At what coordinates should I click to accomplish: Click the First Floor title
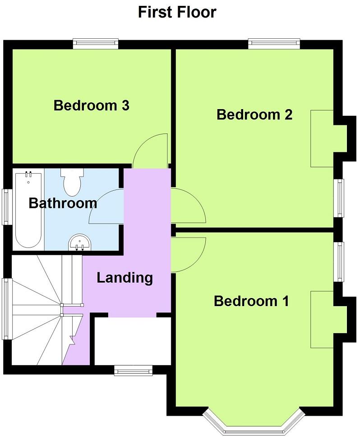[x=177, y=12]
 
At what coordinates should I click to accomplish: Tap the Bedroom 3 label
[x=92, y=105]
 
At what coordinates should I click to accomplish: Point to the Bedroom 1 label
[x=251, y=301]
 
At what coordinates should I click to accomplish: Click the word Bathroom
[x=62, y=203]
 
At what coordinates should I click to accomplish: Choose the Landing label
[x=125, y=277]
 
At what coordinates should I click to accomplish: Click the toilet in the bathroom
[x=72, y=181]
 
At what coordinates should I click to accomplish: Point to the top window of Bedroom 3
[x=96, y=44]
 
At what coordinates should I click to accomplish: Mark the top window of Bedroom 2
[x=274, y=44]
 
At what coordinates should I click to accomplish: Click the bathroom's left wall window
[x=6, y=206]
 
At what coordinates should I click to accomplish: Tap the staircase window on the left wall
[x=6, y=308]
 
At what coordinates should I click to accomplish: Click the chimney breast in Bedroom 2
[x=322, y=138]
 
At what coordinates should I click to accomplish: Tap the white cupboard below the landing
[x=132, y=341]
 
